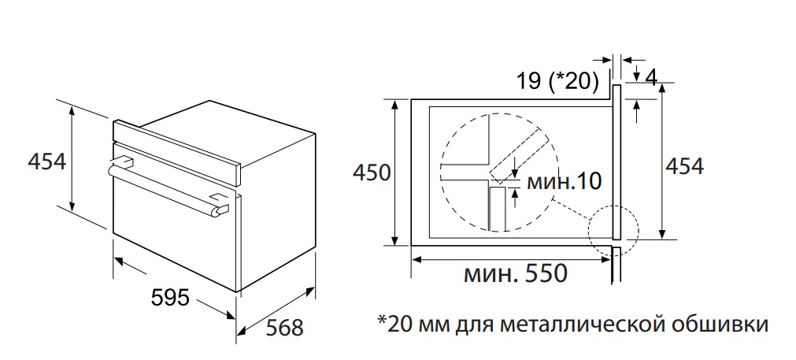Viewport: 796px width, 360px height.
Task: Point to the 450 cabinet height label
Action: coord(371,172)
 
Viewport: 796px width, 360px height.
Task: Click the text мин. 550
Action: coord(515,274)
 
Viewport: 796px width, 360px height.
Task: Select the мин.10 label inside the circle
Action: coord(563,181)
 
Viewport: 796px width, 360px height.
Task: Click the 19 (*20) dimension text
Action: coord(558,80)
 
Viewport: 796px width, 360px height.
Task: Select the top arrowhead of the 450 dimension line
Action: coord(392,105)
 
